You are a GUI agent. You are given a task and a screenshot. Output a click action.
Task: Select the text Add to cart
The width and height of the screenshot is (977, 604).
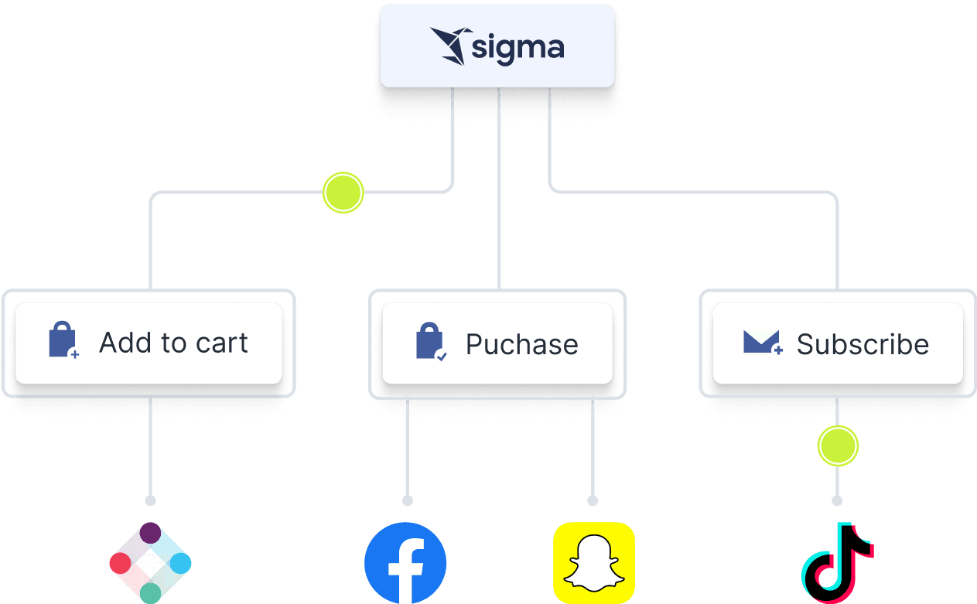coord(173,343)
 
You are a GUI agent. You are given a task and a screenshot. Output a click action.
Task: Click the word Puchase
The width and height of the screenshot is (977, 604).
coord(521,344)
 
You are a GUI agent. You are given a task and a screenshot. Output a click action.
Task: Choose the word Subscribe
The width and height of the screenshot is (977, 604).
coord(863,344)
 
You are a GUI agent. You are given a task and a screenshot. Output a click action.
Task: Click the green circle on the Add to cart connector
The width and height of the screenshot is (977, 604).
coord(343,192)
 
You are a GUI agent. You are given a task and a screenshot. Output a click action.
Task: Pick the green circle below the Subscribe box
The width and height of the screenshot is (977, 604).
coord(838,446)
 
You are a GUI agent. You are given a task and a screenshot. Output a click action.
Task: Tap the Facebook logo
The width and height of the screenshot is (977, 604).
coord(405,563)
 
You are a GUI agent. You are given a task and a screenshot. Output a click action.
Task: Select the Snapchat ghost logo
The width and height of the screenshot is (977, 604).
coord(593,563)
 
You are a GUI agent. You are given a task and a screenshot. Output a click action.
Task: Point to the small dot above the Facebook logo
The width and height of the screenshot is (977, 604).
coord(407,500)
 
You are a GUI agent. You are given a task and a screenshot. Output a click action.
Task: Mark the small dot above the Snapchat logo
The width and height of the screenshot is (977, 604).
coord(593,500)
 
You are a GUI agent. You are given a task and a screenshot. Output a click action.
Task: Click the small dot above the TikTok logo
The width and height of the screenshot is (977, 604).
coord(837,500)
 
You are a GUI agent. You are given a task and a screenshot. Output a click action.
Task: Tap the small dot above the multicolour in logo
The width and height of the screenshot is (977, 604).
coord(150,500)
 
